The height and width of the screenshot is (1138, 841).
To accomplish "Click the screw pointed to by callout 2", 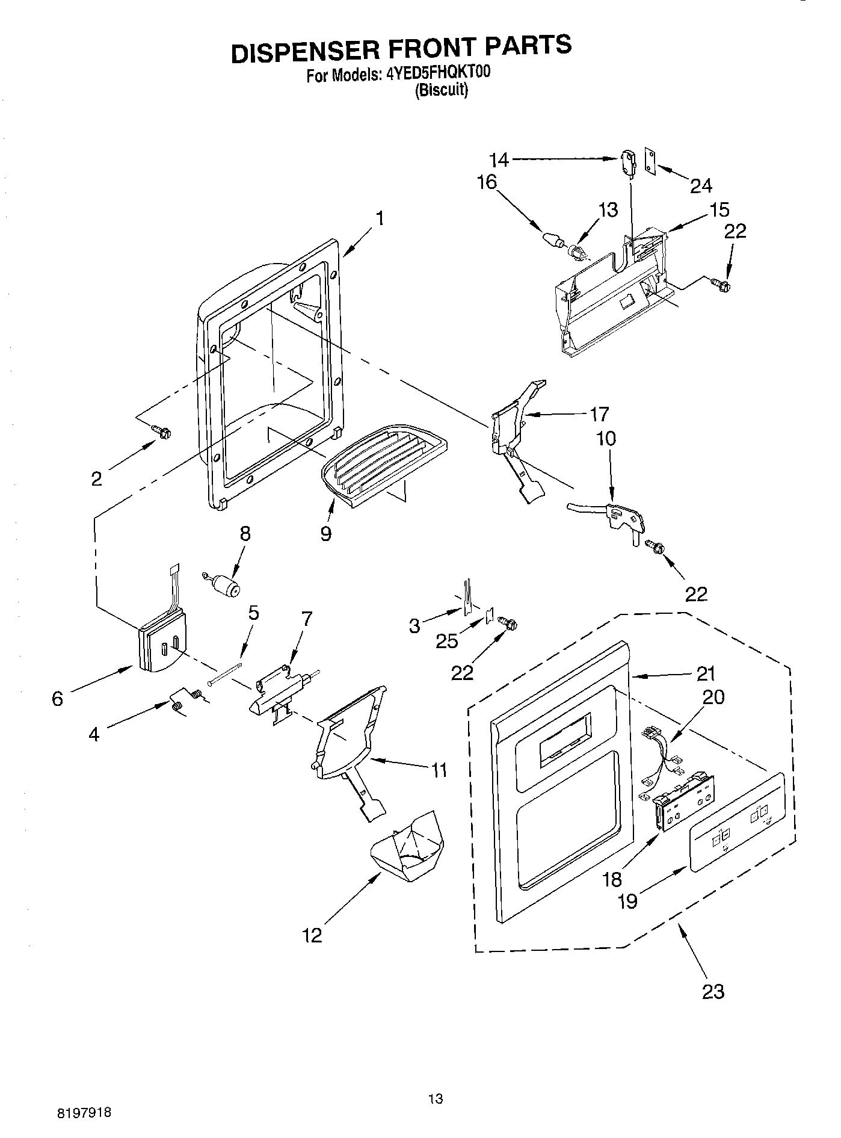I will coord(162,431).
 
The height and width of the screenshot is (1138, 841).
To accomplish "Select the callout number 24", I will coord(701,185).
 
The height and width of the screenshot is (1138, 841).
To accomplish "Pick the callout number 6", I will coord(58,699).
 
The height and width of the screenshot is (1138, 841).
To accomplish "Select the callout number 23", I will coord(713,991).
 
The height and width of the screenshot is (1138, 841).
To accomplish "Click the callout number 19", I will coord(627,901).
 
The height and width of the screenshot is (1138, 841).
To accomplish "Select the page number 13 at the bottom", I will coord(436,1099).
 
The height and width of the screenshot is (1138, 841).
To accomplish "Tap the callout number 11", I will coord(439,770).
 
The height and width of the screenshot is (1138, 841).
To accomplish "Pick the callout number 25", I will coord(447,640).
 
